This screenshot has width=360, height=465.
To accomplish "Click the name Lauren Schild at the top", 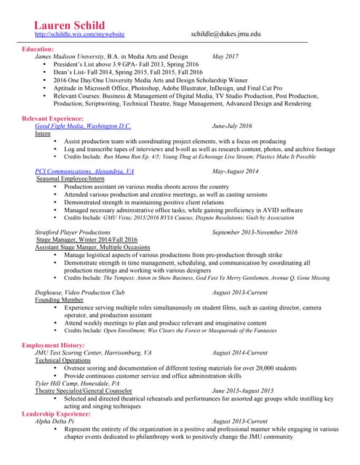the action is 63,26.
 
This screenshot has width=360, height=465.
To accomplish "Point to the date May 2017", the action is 225,56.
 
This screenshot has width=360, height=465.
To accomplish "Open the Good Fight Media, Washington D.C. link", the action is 83,126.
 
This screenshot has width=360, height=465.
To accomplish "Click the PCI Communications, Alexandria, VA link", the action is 84,171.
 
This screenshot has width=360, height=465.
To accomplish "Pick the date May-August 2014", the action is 235,171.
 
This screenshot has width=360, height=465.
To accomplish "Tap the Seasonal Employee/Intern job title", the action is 71,179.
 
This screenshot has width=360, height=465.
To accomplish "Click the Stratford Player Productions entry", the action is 73,232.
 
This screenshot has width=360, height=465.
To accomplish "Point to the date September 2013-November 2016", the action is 255,232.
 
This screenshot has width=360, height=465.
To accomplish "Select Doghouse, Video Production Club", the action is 80,292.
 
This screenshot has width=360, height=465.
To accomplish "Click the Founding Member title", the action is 59,299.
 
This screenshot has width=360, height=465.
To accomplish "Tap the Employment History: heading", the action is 53,344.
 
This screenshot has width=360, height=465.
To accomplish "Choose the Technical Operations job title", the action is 63,360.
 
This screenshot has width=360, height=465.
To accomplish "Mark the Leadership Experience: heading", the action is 60,413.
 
